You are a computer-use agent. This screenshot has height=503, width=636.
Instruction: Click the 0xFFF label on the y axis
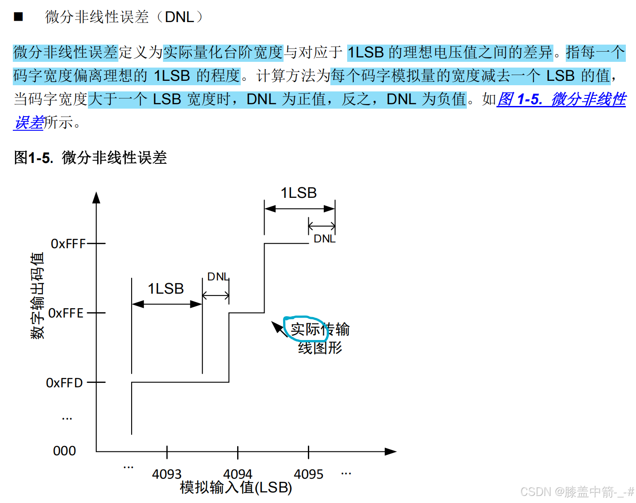coord(68,243)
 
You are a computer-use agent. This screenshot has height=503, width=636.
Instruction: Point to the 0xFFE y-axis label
coord(66,313)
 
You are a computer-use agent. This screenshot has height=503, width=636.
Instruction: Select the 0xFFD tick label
coord(64,382)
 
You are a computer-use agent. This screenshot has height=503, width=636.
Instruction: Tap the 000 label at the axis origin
coord(64,451)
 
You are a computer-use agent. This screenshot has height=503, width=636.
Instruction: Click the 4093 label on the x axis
coord(167,474)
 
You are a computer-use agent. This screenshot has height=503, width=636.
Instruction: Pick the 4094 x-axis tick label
coord(238,474)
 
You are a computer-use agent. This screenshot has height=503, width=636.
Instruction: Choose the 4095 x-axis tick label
coord(308,474)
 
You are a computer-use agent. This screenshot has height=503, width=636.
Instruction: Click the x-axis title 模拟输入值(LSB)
coord(236,488)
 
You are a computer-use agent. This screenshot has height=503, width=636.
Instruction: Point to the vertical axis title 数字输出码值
coord(37,295)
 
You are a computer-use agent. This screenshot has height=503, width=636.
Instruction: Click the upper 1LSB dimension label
coord(299,193)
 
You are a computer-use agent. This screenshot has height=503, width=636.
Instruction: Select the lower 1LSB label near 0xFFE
coord(166,289)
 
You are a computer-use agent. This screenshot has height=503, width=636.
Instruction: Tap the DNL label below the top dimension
coord(325,239)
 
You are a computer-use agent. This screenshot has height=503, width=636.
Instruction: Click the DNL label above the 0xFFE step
coord(218,277)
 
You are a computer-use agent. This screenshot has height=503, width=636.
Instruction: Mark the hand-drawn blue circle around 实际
coord(305,329)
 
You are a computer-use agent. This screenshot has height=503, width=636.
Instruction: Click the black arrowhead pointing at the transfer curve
coord(277,327)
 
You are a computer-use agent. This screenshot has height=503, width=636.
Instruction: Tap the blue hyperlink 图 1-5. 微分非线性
coord(561,99)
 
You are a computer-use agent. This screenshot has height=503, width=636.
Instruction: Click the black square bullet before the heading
coord(18,17)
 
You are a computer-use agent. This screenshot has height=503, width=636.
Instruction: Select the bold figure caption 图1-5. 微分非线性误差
coord(91,158)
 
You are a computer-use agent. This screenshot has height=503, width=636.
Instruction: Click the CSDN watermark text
coord(576,492)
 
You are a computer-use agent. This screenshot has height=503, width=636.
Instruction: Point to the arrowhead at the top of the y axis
coord(96,197)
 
